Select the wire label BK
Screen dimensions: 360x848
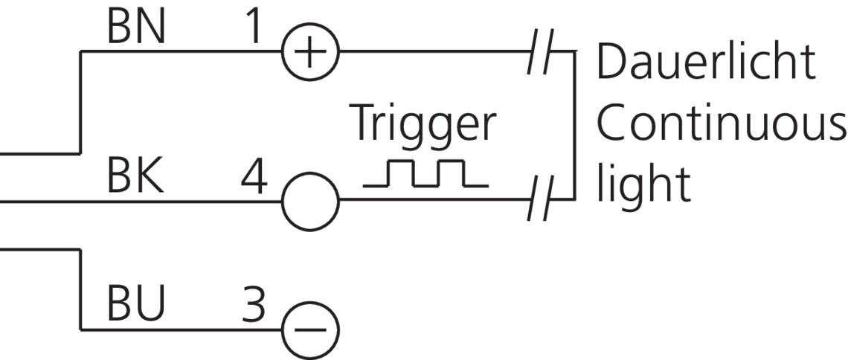coord(135,178)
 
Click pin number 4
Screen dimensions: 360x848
coord(254,179)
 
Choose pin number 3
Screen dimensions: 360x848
coord(254,305)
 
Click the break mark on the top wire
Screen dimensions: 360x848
coord(538,51)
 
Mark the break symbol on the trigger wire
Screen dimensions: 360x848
coord(538,201)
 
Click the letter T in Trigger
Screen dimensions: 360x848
coord(363,123)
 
